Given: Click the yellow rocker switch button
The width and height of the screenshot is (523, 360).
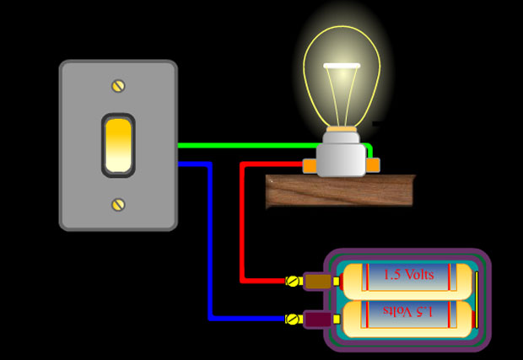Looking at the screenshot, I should (x=118, y=145).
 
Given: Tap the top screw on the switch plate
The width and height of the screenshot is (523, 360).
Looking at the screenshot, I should (x=118, y=86).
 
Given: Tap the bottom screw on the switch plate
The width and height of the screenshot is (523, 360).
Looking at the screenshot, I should (x=118, y=204).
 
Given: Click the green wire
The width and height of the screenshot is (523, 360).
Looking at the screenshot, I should (x=253, y=145).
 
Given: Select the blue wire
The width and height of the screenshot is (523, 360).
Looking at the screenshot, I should (x=209, y=244).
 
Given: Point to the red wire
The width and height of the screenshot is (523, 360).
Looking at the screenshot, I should (x=243, y=228).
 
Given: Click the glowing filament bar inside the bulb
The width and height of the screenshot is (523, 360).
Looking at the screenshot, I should (x=342, y=66).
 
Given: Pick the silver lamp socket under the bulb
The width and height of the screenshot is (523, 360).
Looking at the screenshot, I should (x=342, y=159).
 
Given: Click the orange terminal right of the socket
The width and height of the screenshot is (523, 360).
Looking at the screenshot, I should (x=373, y=164).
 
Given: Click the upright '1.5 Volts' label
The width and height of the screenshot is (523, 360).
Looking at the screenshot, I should (x=408, y=275).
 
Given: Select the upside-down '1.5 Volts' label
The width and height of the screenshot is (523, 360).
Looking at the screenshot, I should (x=408, y=312).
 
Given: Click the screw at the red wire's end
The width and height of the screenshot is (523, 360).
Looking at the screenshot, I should (x=294, y=281).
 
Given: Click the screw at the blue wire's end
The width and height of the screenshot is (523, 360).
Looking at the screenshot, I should (x=294, y=319).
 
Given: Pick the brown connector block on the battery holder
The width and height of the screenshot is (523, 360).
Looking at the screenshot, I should (x=317, y=281).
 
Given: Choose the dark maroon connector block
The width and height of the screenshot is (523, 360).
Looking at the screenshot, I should (x=317, y=320).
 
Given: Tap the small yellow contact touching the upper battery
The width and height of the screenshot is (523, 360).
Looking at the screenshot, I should (x=337, y=281).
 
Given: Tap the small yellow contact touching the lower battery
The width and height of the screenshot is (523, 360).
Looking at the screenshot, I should (x=337, y=320).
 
